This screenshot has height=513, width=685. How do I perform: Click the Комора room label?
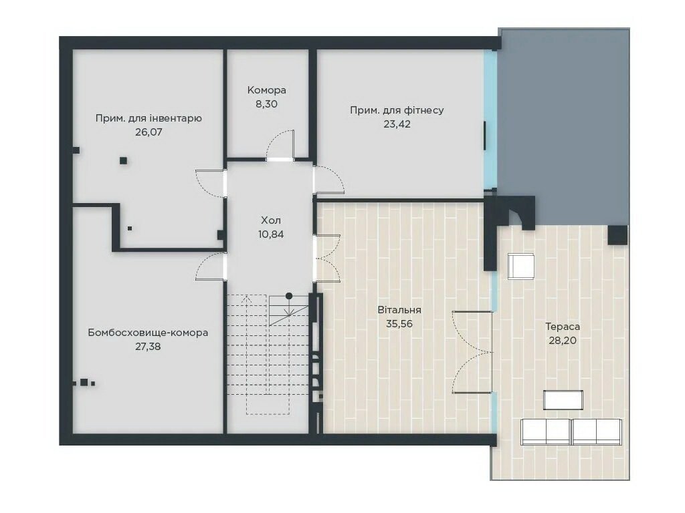click(266, 90)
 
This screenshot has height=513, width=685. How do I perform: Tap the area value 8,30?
click(266, 104)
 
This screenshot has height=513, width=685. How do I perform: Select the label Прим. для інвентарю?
click(149, 118)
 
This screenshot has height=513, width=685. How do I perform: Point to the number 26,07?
click(149, 132)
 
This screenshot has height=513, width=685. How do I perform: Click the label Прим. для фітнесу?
click(397, 110)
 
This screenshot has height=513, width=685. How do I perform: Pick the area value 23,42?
click(397, 124)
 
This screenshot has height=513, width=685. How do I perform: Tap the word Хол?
click(271, 220)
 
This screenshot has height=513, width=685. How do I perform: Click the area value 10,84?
click(271, 234)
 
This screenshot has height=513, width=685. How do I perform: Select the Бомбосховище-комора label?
click(148, 333)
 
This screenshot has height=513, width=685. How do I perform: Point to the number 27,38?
click(148, 347)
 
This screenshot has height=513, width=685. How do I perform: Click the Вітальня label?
click(399, 310)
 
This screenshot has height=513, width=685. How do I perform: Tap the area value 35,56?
click(399, 324)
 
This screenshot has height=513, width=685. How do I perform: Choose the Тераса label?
click(563, 327)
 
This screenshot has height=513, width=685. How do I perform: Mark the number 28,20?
click(563, 341)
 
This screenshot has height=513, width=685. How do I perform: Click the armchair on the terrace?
click(521, 266)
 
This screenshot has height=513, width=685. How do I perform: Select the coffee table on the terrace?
click(563, 400)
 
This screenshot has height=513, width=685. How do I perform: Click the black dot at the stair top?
click(289, 296)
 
